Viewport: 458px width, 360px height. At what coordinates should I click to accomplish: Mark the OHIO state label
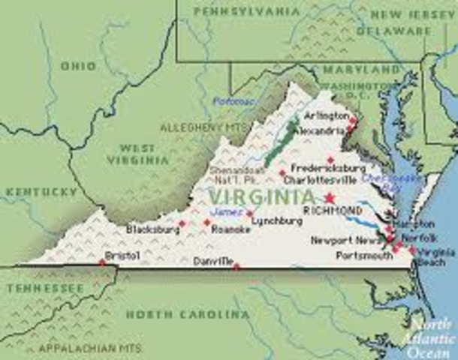point(79,66)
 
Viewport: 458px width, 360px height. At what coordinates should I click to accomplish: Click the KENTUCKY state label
point(41,192)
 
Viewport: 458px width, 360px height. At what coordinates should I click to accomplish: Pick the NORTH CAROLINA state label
point(188,314)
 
